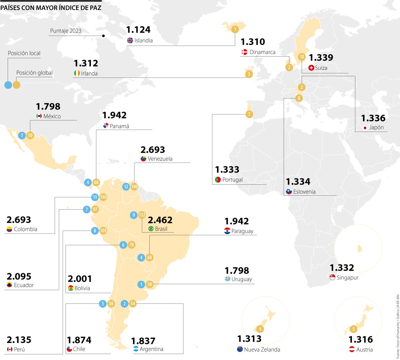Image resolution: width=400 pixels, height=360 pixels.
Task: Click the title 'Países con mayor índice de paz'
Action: click(51, 8)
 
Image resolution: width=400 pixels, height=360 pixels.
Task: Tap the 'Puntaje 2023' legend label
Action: click(66, 31)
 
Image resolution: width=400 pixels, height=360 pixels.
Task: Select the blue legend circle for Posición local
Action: click(8, 85)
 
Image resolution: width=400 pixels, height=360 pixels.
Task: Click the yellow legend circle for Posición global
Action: click(16, 85)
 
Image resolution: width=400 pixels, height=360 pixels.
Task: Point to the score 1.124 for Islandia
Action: click(138, 30)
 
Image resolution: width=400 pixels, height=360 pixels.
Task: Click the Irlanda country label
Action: click(89, 74)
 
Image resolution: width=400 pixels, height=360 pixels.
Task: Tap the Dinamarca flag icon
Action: click(244, 52)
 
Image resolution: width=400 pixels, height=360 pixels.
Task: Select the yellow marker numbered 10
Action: click(302, 57)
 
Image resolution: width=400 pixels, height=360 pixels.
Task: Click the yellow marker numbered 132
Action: click(142, 215)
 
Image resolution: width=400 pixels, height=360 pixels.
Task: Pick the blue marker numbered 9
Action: click(134, 215)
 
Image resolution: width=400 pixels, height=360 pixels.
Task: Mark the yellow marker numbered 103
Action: click(103, 231)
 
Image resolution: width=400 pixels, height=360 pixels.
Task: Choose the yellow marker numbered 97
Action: click(95, 209)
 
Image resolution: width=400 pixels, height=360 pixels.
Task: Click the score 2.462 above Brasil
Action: click(160, 220)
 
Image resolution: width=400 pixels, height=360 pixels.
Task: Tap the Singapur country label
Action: click(347, 277)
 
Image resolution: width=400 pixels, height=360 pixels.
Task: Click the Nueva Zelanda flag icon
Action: click(240, 349)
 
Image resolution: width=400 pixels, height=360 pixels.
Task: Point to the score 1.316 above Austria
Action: click(360, 340)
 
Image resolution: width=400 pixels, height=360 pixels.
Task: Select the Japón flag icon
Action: click(365, 128)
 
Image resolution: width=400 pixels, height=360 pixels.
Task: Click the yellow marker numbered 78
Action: click(132, 245)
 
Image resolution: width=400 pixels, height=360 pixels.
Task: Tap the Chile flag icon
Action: click(69, 349)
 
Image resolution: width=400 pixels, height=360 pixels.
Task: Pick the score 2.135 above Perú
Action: click(19, 340)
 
